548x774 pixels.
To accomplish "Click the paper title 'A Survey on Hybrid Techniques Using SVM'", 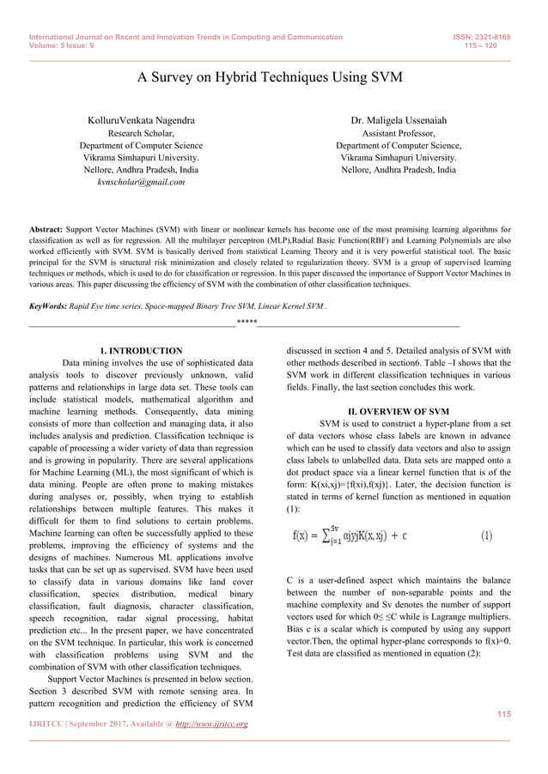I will coord(271,78).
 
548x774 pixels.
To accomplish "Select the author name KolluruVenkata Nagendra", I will coord(141,121).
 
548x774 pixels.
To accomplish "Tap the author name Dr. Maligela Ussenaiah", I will coord(399,121).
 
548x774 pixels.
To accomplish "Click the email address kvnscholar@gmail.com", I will coord(142,183).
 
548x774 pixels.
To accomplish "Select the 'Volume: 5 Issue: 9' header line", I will coord(62,47).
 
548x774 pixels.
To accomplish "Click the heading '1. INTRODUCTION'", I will coord(141,351).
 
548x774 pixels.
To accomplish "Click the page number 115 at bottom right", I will coord(504,714).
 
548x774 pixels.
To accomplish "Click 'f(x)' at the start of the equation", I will coord(301,537).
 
